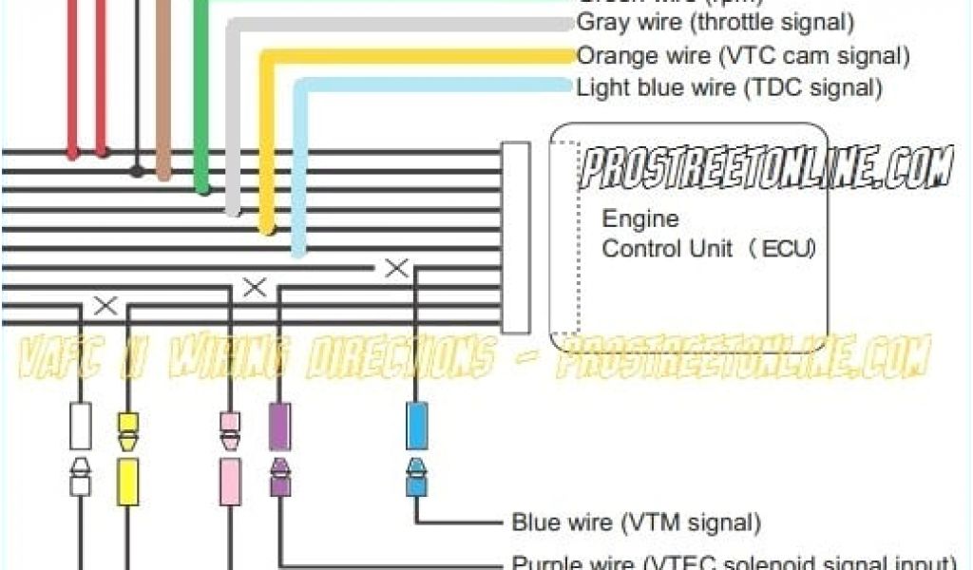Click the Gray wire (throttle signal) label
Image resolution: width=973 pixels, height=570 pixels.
pos(715,21)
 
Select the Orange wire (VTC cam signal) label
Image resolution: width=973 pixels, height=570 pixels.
pos(742,55)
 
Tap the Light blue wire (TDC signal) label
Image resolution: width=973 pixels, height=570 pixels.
pos(729,87)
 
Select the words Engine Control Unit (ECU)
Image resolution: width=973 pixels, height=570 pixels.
pos(708,234)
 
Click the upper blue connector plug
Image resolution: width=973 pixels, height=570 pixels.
pos(416,426)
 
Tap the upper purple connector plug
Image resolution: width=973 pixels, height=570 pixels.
pos(280,426)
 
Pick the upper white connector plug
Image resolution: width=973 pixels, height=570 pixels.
pos(81,426)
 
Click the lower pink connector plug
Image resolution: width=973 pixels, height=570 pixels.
pos(230,481)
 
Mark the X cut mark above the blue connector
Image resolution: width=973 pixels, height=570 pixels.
pos(396,269)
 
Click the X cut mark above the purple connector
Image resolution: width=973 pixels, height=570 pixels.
pos(255,287)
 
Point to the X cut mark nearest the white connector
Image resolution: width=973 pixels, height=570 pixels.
pos(105,306)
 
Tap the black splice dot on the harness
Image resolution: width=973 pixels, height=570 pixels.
pos(137,172)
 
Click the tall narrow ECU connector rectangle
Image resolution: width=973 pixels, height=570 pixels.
pos(515,237)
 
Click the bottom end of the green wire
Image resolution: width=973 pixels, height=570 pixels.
pos(201,188)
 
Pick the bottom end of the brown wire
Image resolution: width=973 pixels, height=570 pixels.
pos(163,173)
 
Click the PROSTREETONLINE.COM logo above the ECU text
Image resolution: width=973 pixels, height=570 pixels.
pos(765,168)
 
